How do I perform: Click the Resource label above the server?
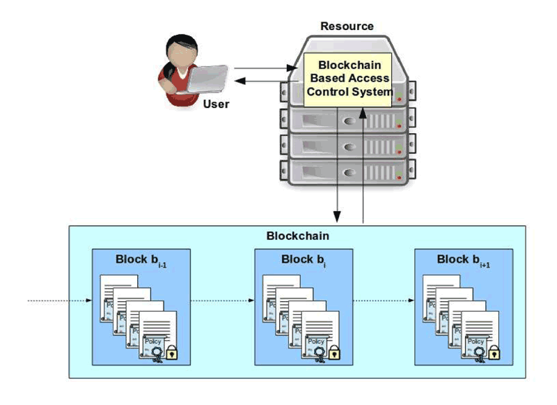click(347, 26)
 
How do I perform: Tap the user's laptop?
click(210, 79)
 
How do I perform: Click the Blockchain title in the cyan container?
click(298, 236)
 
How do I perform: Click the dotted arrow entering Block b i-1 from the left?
click(59, 301)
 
